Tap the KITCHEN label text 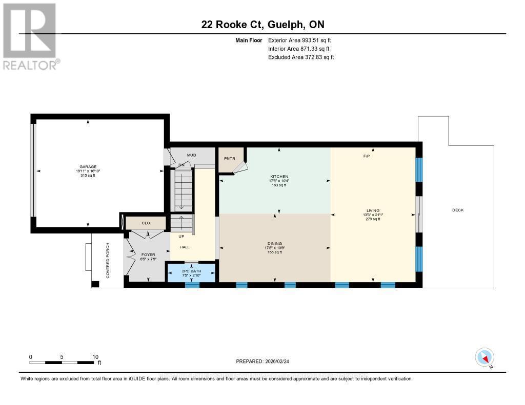279,176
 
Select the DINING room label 275,243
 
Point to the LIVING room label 373,210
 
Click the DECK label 458,210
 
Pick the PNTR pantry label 229,158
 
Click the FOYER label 148,254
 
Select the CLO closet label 146,223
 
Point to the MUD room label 191,155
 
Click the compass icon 484,357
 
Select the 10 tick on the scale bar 95,357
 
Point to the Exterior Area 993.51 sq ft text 302,40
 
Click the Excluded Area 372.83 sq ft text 301,57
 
